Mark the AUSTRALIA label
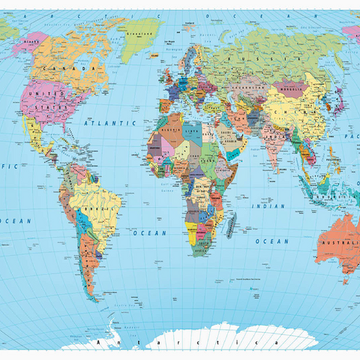[341, 244]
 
